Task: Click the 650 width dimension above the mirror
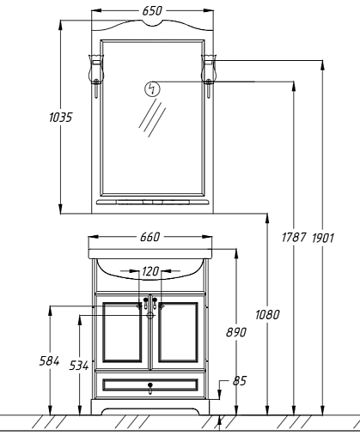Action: point(152,11)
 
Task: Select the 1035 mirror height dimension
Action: point(60,118)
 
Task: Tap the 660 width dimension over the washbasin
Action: point(149,237)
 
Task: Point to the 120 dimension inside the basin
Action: point(150,271)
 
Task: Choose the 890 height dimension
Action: point(236,332)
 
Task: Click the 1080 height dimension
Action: point(267,315)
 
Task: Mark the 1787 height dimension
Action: point(294,238)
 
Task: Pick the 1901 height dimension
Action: point(323,238)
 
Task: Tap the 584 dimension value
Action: point(49,361)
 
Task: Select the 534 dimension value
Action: point(79,366)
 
